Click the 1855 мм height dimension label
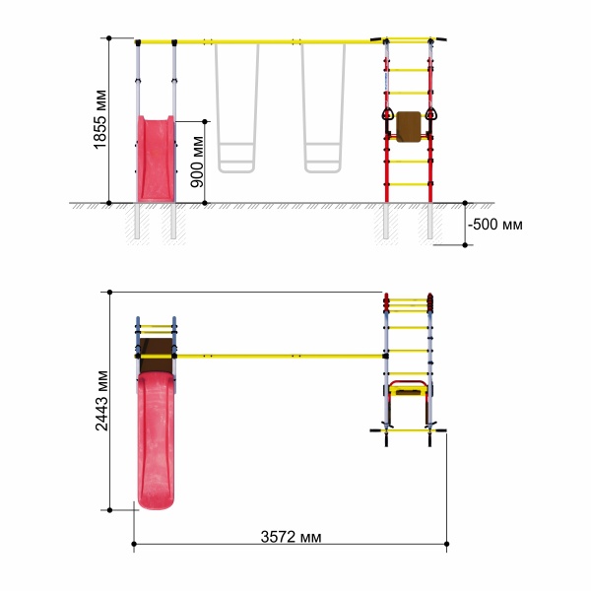100,119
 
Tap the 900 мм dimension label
197,162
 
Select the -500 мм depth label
494,225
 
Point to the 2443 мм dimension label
101,401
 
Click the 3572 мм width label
291,537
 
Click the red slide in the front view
156,159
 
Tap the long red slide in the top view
156,440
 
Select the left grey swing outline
236,108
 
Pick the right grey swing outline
323,108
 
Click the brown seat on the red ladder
409,127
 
